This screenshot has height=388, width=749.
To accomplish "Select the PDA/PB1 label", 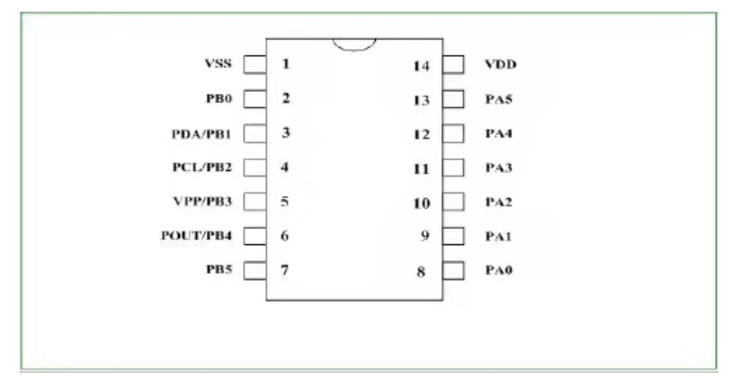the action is tap(204, 133).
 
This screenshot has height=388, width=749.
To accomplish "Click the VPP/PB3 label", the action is tap(205, 202).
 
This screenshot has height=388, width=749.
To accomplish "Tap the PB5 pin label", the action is tap(221, 269).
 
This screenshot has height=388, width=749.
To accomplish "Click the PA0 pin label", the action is tap(497, 270).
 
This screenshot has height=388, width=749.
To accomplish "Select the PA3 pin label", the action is tap(497, 167).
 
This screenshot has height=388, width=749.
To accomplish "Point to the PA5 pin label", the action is tap(497, 99).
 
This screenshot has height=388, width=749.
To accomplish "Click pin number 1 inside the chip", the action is tap(285, 64).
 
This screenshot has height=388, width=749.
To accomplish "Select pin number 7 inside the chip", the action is tap(285, 269).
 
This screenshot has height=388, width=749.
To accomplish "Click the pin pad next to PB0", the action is tap(255, 98).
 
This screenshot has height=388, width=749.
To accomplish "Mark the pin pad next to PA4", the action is tap(454, 133).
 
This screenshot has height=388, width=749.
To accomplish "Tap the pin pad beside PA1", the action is tap(454, 236).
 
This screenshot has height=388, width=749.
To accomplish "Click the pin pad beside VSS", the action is tap(255, 64).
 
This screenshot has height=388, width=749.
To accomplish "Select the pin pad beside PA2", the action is tap(454, 202).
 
